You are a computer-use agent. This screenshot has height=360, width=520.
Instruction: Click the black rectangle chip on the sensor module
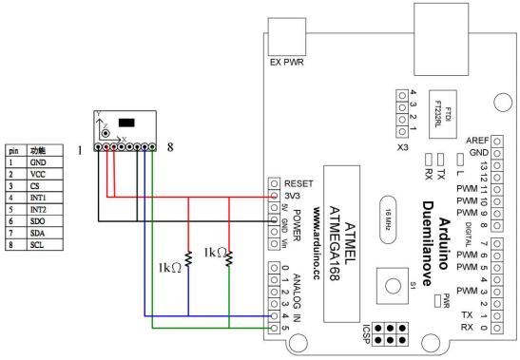[128, 123]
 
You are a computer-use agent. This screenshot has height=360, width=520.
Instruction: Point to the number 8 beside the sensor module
[171, 148]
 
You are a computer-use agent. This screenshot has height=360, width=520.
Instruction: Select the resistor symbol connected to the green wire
[230, 257]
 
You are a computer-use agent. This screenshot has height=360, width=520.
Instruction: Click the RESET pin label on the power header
[299, 181]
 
